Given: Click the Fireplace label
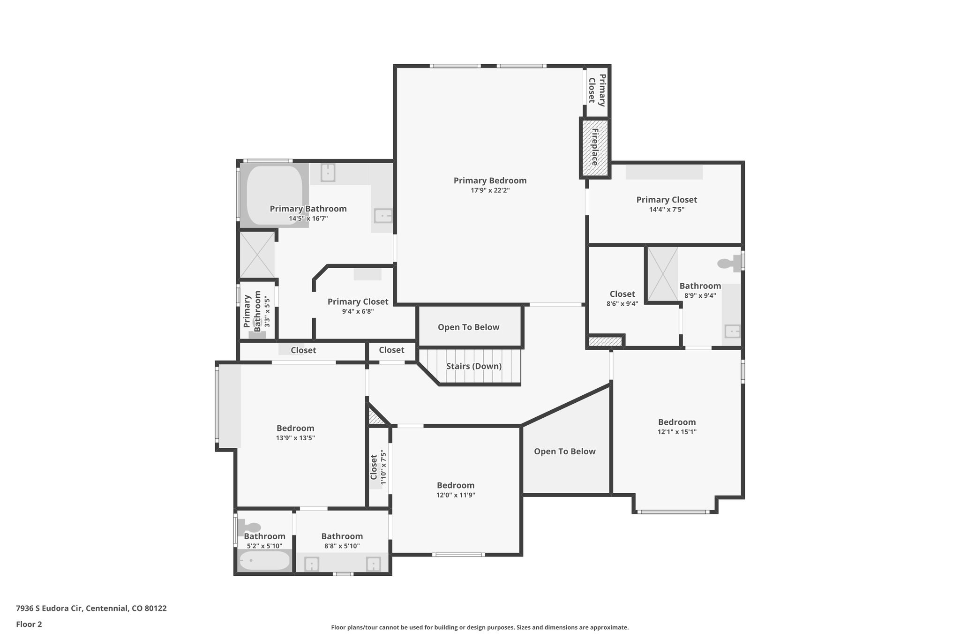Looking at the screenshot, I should (x=595, y=147).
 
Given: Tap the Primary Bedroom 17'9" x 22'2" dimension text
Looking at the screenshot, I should (x=490, y=190).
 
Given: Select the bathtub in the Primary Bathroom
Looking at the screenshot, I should (x=274, y=195).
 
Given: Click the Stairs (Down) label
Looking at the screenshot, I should (x=473, y=366).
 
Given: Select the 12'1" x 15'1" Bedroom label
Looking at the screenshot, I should (x=676, y=422).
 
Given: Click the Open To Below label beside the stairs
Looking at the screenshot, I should (x=468, y=327).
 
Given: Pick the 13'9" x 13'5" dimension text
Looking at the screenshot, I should (x=295, y=438).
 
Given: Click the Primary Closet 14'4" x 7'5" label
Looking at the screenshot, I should (x=666, y=200).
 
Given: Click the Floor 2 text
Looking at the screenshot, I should (x=29, y=624).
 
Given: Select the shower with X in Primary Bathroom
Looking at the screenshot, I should (x=257, y=255).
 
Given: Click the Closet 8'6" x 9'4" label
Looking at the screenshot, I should (x=622, y=294).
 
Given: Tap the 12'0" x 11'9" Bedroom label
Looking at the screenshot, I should (x=455, y=485).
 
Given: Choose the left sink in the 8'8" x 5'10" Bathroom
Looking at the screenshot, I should (x=311, y=564).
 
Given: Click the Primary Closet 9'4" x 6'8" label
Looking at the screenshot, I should (x=358, y=302).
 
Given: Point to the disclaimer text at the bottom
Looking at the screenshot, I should (x=480, y=627).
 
